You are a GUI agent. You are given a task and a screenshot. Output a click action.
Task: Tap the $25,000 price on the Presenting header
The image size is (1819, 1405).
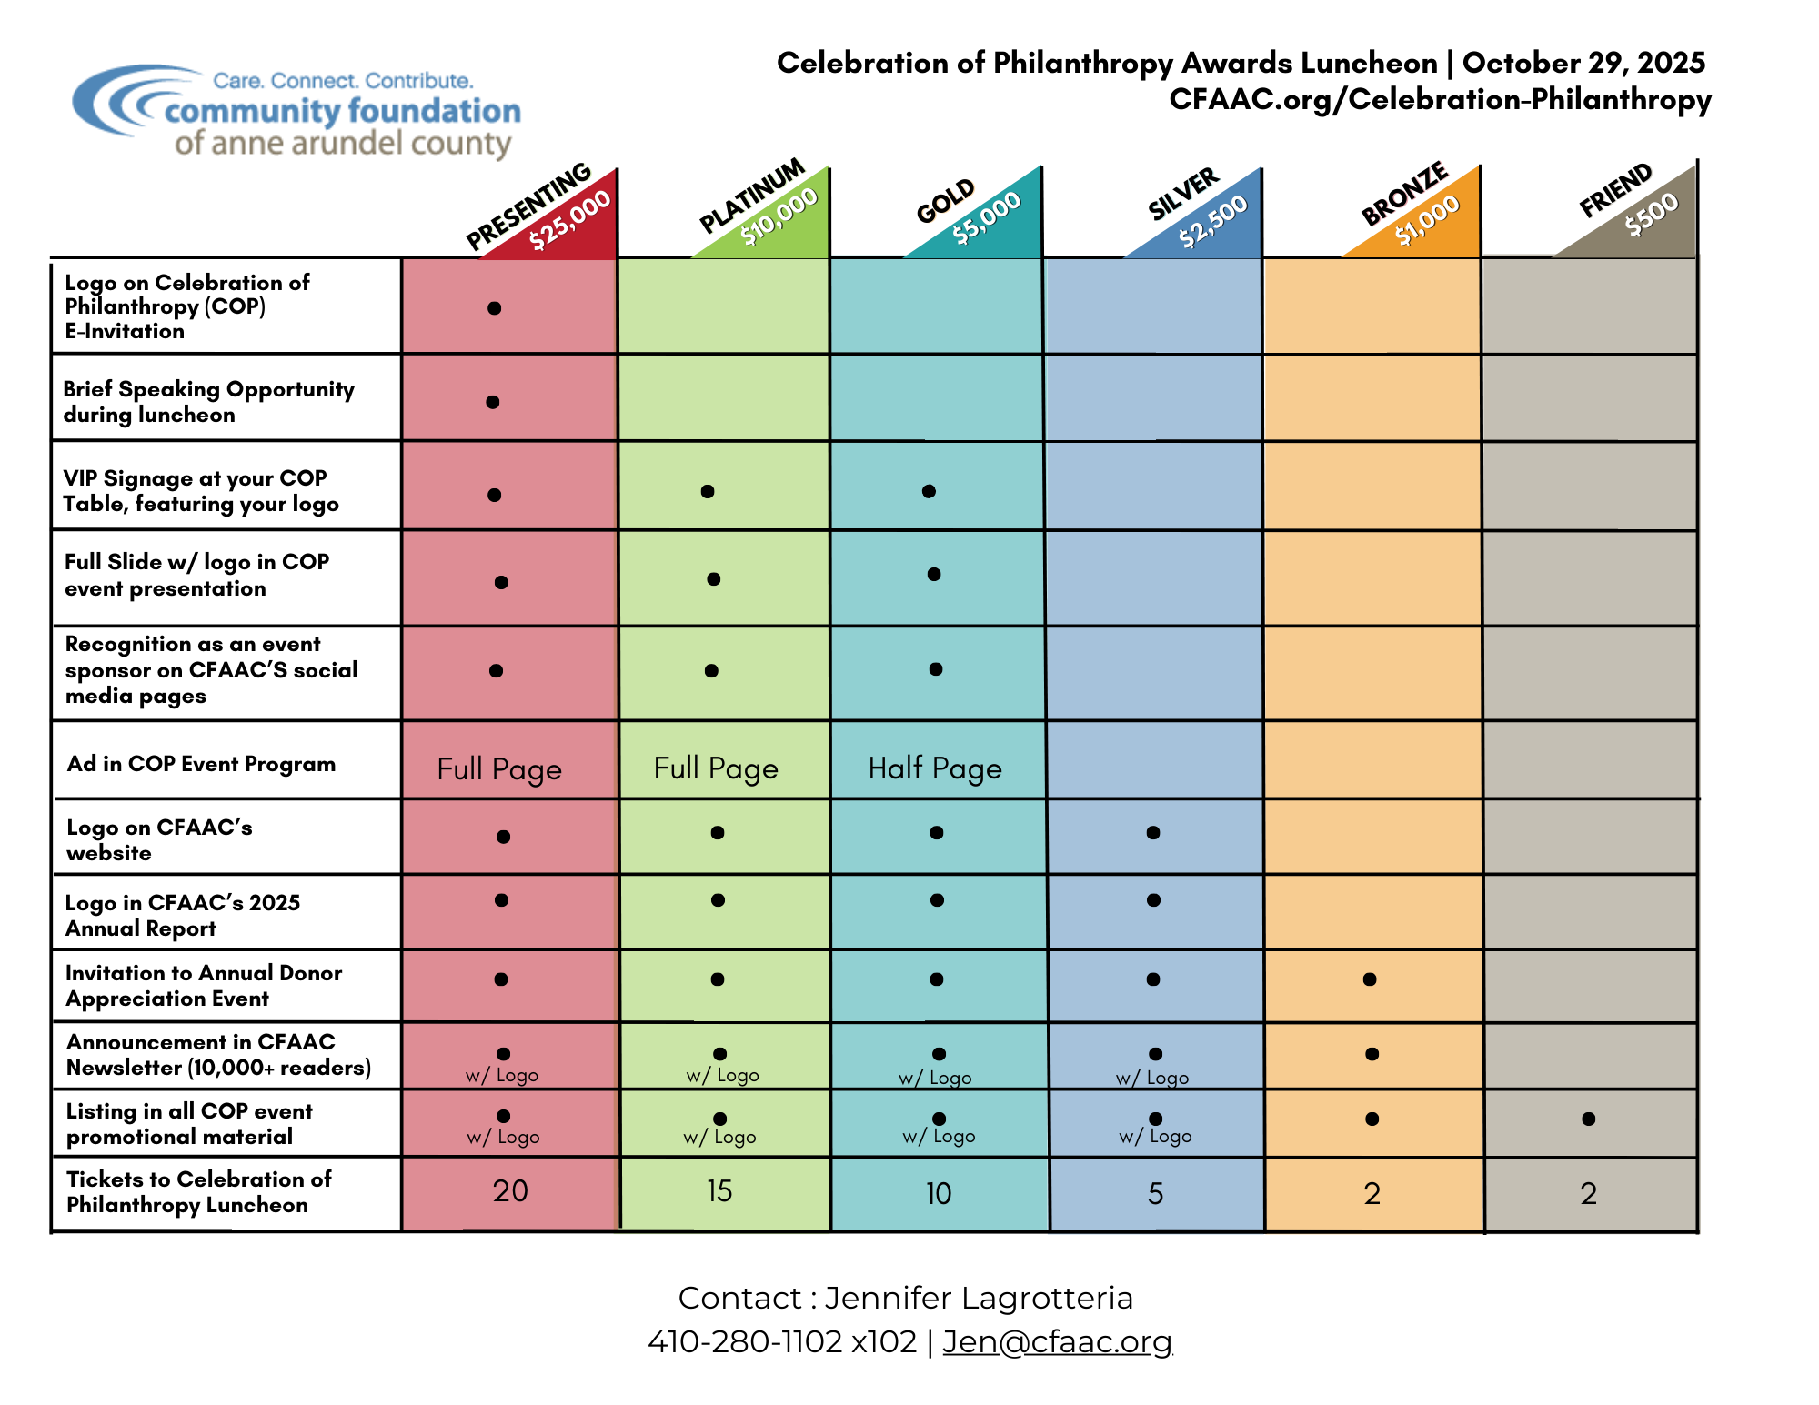[x=570, y=221]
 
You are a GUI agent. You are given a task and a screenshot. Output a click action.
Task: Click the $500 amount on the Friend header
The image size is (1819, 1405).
[x=1652, y=216]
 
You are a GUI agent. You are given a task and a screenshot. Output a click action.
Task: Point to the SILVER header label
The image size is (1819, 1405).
[x=1182, y=194]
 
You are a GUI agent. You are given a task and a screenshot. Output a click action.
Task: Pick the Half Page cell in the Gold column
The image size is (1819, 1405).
[x=935, y=768]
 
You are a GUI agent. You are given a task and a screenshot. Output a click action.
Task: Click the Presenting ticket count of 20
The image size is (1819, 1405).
[x=510, y=1190]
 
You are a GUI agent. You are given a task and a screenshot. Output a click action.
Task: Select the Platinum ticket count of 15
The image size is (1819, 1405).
[x=719, y=1190]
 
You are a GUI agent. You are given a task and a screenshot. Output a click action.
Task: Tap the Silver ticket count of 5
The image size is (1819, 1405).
[x=1155, y=1193]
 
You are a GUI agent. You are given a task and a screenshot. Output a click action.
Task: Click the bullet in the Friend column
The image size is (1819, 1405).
[x=1588, y=1119]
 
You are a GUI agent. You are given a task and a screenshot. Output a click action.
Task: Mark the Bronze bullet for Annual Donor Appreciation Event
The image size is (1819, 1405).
[x=1370, y=979]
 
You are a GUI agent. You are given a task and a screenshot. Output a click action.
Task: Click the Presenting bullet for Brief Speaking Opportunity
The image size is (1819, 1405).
[x=493, y=402]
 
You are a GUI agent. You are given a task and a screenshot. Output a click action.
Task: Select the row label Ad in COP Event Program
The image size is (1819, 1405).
[x=201, y=764]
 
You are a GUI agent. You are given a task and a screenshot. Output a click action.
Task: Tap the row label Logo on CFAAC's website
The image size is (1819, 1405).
[x=159, y=839]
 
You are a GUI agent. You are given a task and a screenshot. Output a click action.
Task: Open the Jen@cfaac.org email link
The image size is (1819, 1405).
[x=1057, y=1341]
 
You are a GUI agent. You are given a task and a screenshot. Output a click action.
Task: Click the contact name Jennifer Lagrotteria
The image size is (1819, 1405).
[x=979, y=1298]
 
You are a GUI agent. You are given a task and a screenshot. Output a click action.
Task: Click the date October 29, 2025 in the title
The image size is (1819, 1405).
[x=1583, y=63]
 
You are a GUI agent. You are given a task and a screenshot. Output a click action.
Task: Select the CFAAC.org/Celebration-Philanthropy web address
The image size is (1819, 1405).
[x=1440, y=99]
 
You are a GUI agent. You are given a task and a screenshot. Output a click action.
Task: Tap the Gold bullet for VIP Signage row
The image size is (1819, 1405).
[x=929, y=491]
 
